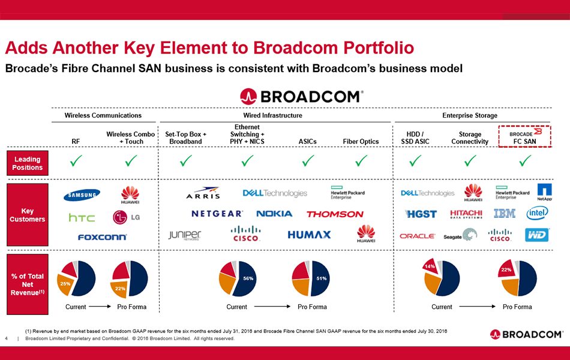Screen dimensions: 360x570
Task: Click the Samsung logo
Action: click(x=82, y=194)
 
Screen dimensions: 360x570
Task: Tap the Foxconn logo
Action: click(x=102, y=237)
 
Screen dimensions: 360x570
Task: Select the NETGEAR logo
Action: click(x=217, y=214)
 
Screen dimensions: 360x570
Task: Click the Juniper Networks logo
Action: click(x=185, y=235)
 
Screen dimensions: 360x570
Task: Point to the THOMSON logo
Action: click(x=335, y=214)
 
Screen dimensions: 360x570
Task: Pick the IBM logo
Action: click(x=505, y=213)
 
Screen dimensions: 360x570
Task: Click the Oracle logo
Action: click(x=417, y=236)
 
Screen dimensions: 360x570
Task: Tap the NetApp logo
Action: click(x=544, y=192)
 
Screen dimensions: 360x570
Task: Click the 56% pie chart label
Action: click(x=248, y=278)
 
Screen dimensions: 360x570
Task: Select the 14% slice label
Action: click(x=429, y=266)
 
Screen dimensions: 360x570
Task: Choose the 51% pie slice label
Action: click(x=321, y=278)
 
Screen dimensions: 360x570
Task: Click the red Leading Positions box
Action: click(x=27, y=163)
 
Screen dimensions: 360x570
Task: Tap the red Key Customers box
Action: click(x=27, y=215)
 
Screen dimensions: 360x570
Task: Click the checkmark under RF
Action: click(x=76, y=160)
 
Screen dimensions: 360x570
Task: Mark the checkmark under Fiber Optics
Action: click(x=361, y=160)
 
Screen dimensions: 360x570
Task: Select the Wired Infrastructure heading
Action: click(x=272, y=115)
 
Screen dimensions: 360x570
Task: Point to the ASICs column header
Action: click(x=307, y=142)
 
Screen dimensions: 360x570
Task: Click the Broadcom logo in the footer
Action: click(x=526, y=334)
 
